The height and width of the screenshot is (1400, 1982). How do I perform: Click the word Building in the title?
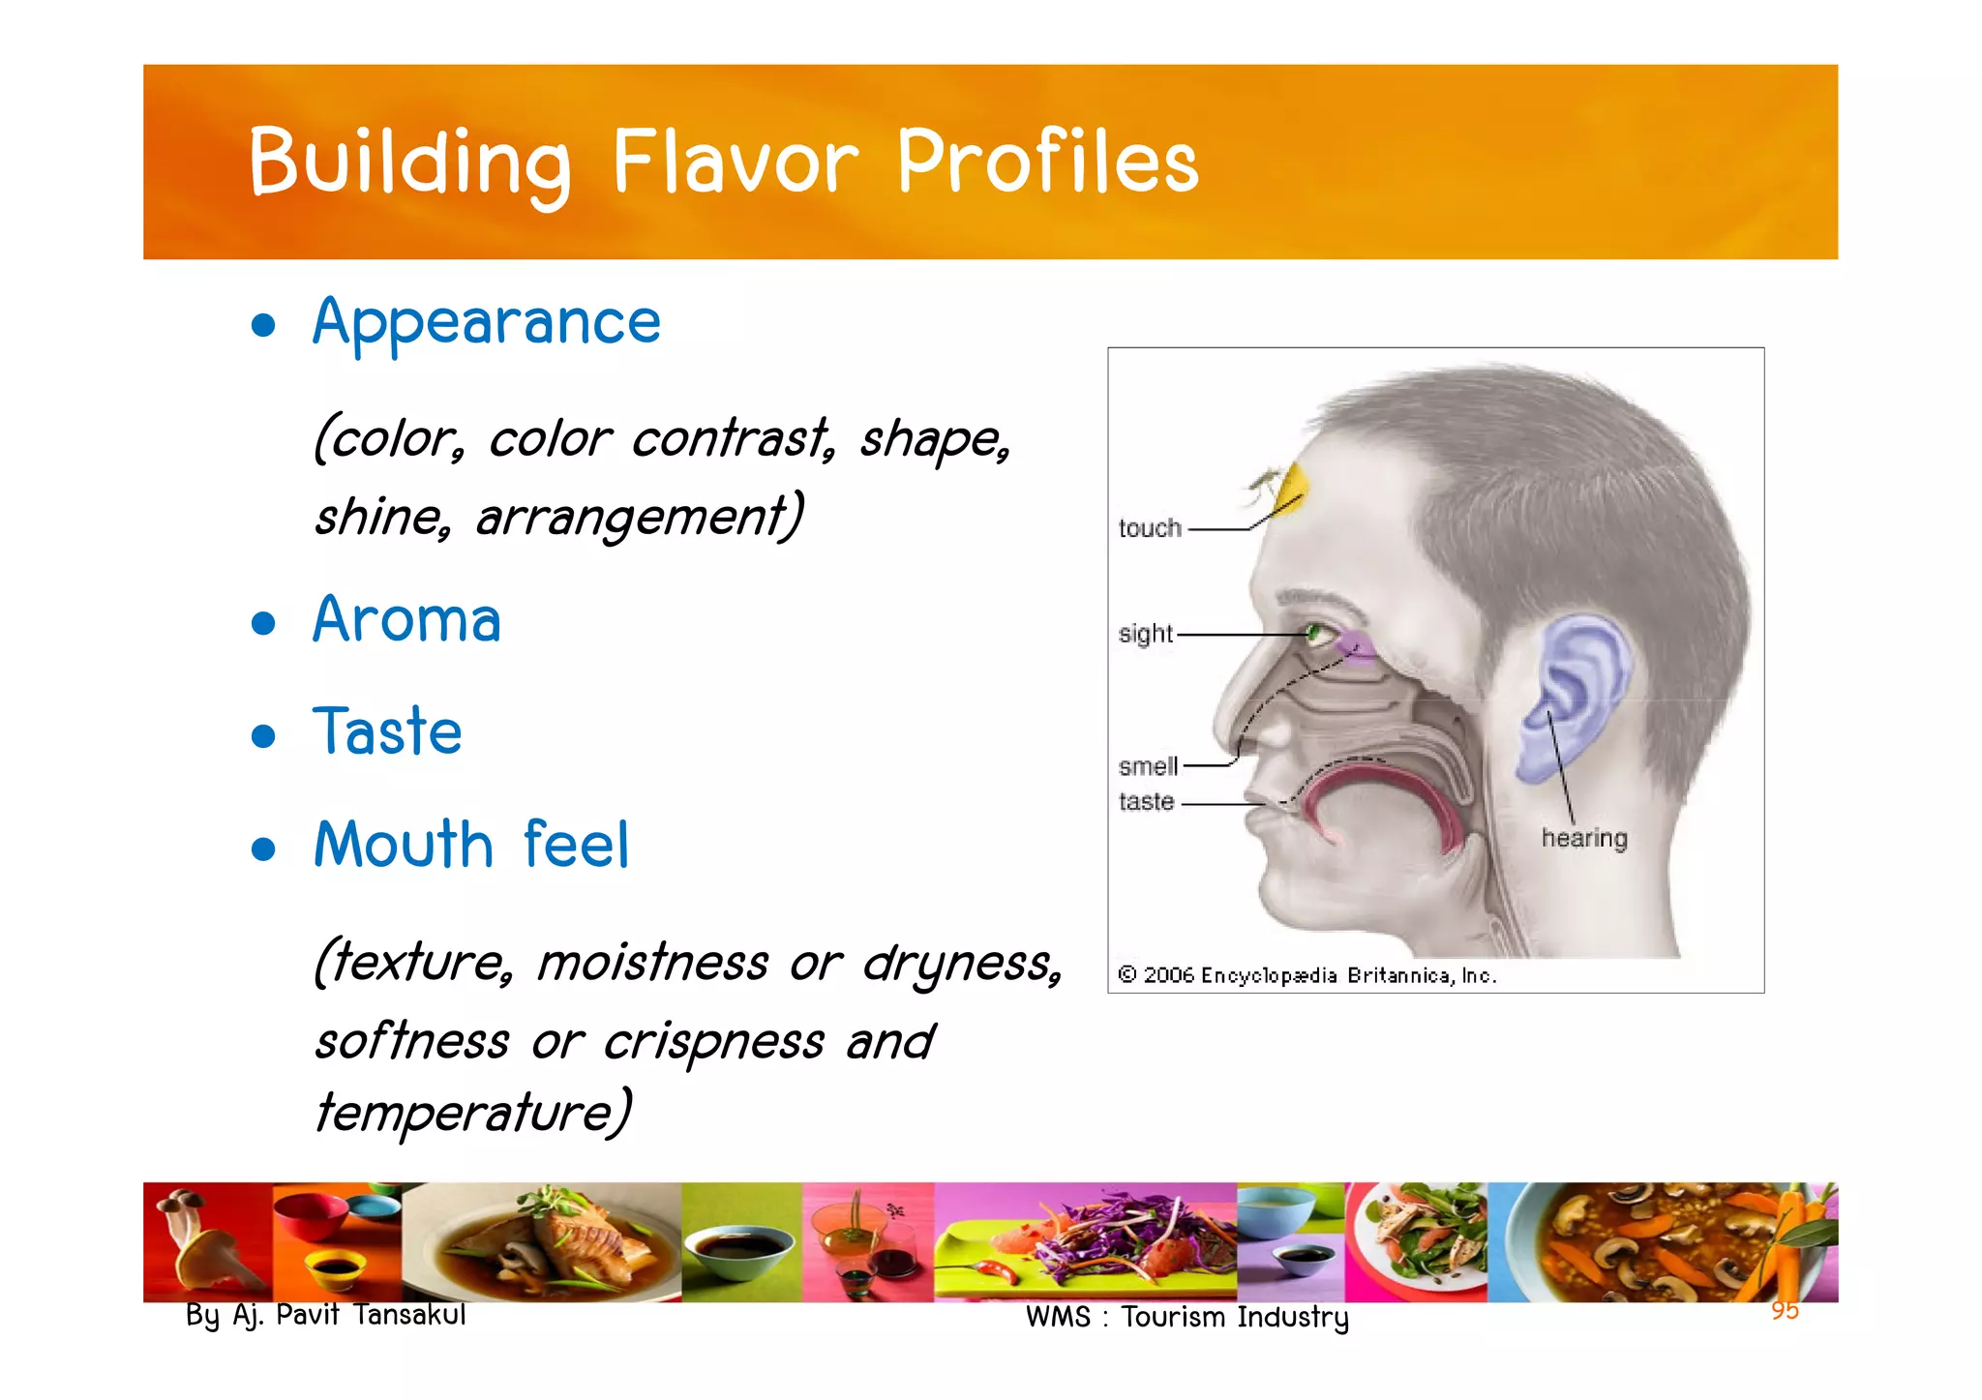408,163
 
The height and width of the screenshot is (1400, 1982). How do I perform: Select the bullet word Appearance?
487,322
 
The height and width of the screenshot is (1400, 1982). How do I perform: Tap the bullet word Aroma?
406,620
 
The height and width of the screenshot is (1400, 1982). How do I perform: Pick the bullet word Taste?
387,732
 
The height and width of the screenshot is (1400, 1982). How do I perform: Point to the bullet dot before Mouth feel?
263,849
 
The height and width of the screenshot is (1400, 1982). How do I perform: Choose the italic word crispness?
714,1042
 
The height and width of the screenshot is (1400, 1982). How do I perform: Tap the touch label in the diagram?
1150,528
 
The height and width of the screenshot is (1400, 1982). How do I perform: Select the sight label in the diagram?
1146,634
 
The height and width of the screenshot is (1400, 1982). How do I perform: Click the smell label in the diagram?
1148,766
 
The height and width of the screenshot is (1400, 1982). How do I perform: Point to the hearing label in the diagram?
1584,838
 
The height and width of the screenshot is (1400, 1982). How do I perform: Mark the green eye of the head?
1314,635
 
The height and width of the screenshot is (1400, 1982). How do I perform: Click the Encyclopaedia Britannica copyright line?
1306,975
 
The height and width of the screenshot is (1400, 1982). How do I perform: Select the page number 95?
1785,1310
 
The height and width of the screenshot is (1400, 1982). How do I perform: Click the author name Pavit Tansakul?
371,1315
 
